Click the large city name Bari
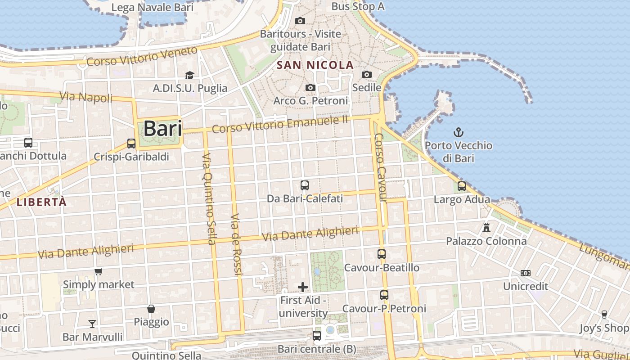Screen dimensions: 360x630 162,129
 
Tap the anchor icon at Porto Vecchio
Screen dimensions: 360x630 458,132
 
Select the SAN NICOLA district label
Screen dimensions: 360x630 315,65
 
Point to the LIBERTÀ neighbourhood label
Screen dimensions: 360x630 41,202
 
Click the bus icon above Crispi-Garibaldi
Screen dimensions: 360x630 131,144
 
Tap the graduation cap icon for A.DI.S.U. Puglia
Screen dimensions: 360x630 189,75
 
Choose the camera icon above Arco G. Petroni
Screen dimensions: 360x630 310,87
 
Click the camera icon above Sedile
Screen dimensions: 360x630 367,74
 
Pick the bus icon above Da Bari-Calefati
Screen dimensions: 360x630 305,185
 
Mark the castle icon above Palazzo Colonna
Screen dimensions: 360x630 486,227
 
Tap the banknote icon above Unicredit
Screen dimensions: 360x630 525,273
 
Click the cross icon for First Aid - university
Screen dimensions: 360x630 303,287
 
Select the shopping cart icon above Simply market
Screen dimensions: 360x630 99,271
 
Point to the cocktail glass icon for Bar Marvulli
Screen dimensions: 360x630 92,324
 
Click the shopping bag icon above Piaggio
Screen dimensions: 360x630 151,309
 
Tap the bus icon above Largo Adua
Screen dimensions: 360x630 462,186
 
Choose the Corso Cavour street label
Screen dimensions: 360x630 381,167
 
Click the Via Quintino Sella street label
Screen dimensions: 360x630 207,198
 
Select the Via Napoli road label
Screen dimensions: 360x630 86,97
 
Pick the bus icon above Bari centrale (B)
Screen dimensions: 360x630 317,335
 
